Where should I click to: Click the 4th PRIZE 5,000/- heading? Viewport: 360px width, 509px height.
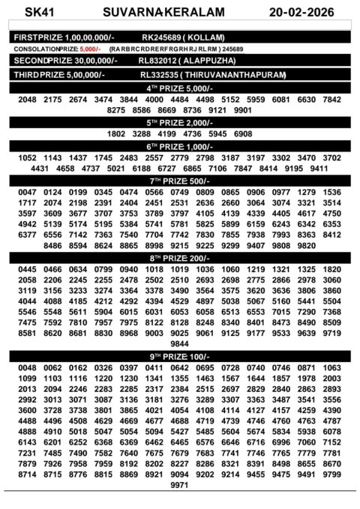tap(179, 88)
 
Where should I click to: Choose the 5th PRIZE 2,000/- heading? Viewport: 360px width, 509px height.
tap(179, 122)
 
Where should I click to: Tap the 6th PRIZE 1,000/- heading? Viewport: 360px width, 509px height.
tap(179, 146)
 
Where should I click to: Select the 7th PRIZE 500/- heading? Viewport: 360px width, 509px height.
tap(179, 181)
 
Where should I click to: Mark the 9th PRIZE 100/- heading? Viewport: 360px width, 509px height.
tap(179, 355)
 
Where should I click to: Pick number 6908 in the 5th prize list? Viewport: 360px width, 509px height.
tap(243, 134)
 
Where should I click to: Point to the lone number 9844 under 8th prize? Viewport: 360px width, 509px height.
tap(179, 343)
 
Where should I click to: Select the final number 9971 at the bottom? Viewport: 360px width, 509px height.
tap(179, 485)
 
